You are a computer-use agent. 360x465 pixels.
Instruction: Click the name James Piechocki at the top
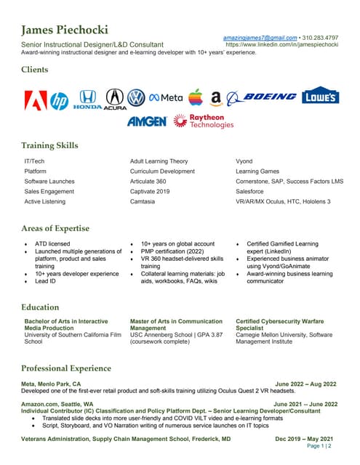point(65,30)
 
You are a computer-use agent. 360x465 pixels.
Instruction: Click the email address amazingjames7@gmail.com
point(260,37)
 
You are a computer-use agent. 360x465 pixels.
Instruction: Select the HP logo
point(60,100)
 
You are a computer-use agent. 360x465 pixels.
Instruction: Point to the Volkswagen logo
point(136,98)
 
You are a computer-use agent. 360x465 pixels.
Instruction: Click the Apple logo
point(194,97)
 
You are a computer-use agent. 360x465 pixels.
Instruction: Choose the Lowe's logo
point(319,97)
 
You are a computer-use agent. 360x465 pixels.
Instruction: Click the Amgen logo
point(146,121)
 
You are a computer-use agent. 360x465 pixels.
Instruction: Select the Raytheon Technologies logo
point(207,121)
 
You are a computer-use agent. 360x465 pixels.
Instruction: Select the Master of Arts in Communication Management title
point(176,324)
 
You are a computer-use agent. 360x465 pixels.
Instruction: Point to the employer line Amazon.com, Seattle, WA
point(57,403)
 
